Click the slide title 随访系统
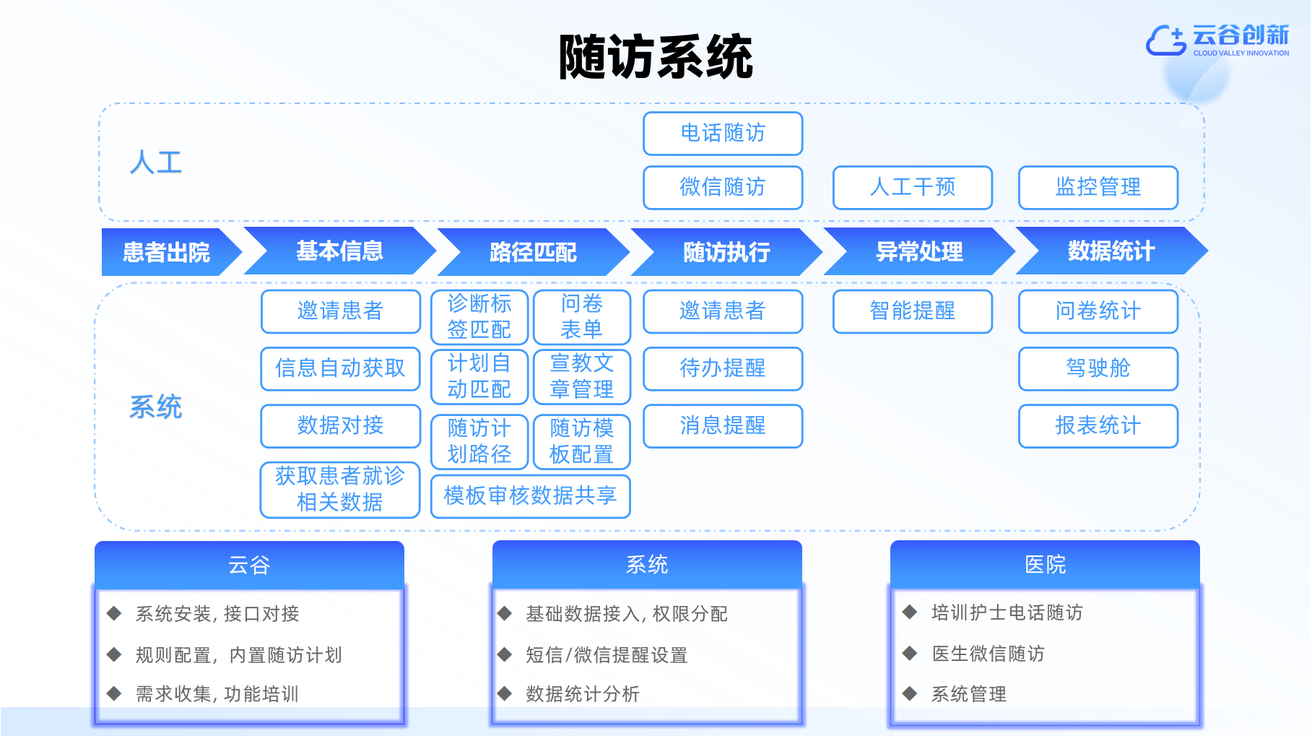[656, 56]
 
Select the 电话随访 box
[723, 134]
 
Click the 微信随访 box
[723, 188]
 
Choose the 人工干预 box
[913, 188]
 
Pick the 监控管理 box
[1098, 188]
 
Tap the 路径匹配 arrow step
[533, 252]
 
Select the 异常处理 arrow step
[919, 251]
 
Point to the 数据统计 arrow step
[1111, 251]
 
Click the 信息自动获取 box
[341, 369]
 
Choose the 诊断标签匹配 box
[479, 317]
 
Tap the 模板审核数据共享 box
[531, 496]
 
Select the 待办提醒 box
[723, 369]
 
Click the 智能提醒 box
[913, 311]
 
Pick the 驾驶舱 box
[1098, 369]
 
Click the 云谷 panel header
[249, 564]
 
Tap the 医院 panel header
[1045, 564]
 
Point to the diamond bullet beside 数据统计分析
[505, 694]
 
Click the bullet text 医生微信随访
[988, 654]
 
